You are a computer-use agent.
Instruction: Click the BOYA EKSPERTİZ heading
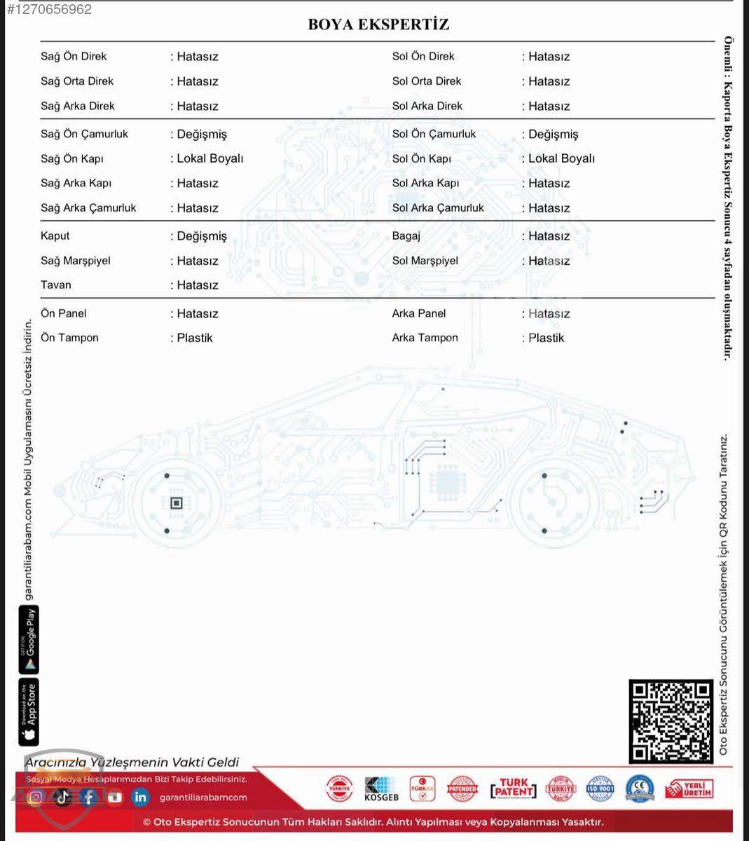(378, 25)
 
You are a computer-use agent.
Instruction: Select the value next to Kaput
(202, 236)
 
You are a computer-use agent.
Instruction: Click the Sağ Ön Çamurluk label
(84, 134)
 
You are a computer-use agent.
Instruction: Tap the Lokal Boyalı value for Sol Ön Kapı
(561, 158)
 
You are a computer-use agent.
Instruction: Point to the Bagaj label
(406, 236)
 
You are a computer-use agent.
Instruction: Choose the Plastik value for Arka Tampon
(546, 338)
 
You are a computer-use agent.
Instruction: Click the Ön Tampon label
(69, 338)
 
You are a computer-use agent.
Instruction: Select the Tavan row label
(56, 285)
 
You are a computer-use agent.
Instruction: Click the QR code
(671, 721)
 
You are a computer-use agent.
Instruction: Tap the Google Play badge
(29, 639)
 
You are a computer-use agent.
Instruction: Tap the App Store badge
(29, 711)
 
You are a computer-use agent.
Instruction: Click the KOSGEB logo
(381, 789)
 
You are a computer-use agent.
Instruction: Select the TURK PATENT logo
(514, 789)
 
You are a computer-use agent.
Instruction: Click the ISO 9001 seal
(600, 789)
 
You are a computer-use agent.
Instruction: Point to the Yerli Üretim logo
(689, 789)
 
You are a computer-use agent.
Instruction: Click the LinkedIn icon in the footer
(141, 797)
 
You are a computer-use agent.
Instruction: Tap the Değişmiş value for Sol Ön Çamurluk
(553, 134)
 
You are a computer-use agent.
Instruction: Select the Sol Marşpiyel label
(425, 261)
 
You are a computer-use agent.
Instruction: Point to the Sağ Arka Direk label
(77, 106)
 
